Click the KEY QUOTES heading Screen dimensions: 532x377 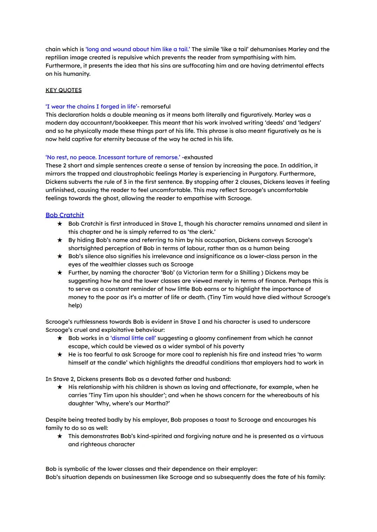point(64,90)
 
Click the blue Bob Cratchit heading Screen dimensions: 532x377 point(65,215)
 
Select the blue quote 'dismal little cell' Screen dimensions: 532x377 point(133,338)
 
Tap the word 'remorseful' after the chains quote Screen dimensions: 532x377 point(156,106)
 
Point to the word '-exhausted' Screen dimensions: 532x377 point(197,157)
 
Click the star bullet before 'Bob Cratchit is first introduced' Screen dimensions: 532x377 point(60,224)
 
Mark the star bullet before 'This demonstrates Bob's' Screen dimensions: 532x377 point(60,436)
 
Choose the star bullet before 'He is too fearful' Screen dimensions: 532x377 point(60,354)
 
